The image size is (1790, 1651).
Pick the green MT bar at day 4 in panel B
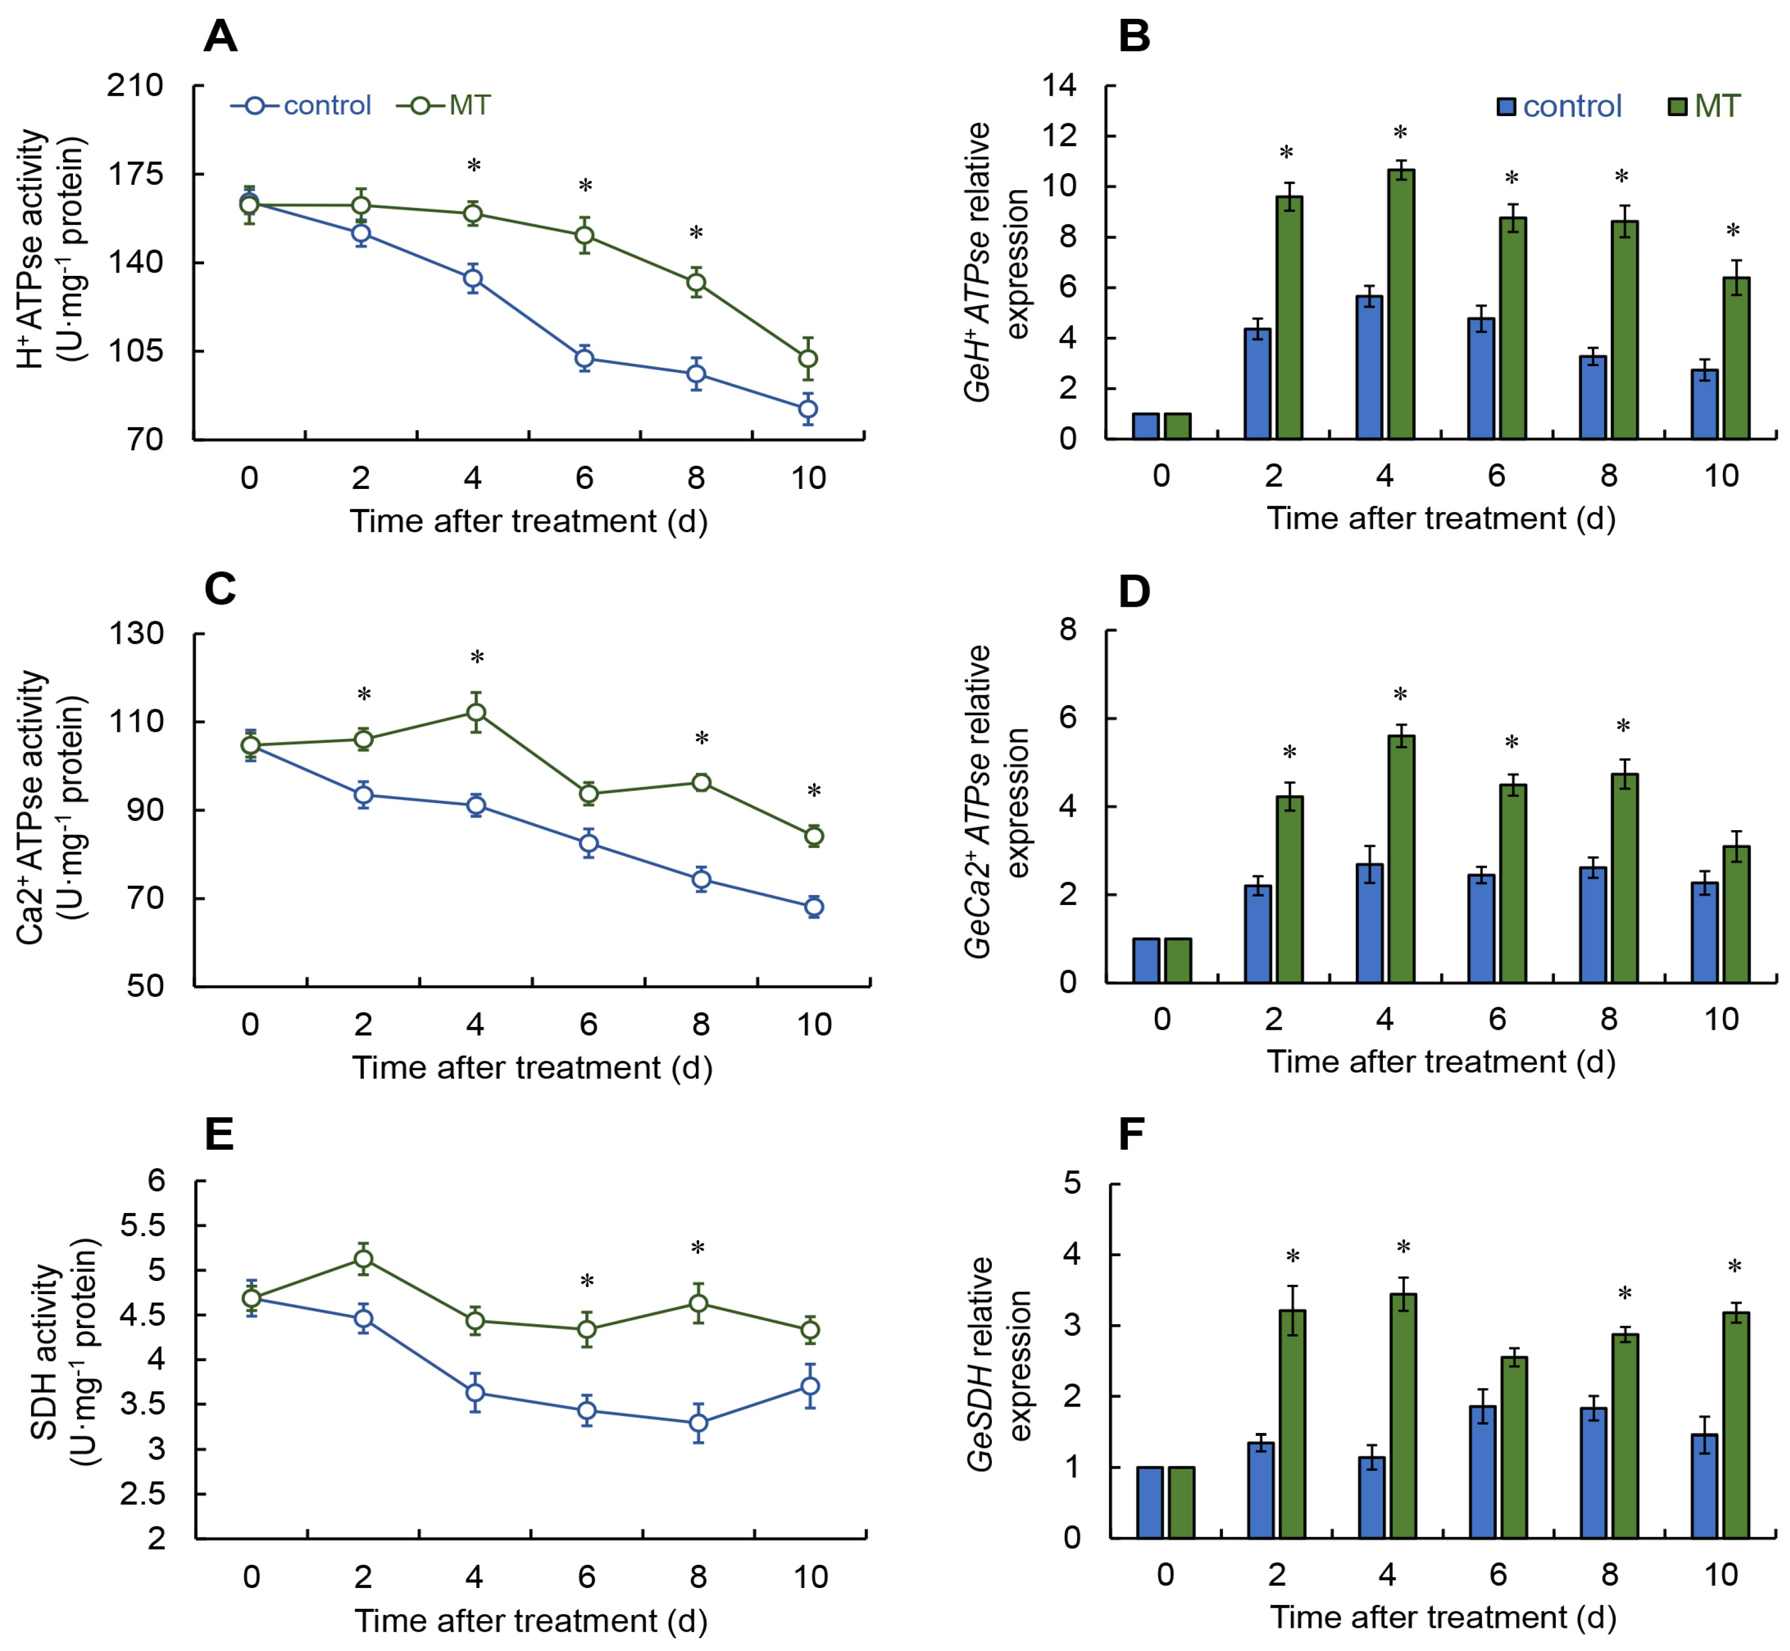[1401, 304]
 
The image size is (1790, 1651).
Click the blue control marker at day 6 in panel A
[585, 359]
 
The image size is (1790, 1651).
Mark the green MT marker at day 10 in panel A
[808, 359]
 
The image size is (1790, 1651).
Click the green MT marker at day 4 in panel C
[476, 712]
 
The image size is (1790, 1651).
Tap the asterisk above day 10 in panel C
[813, 791]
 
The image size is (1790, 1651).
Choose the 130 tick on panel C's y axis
[137, 633]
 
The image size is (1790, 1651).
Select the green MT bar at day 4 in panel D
[1401, 858]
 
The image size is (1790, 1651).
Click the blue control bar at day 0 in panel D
[1146, 960]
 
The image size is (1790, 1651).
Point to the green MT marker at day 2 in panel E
[363, 1259]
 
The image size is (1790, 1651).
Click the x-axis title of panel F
[1443, 1617]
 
